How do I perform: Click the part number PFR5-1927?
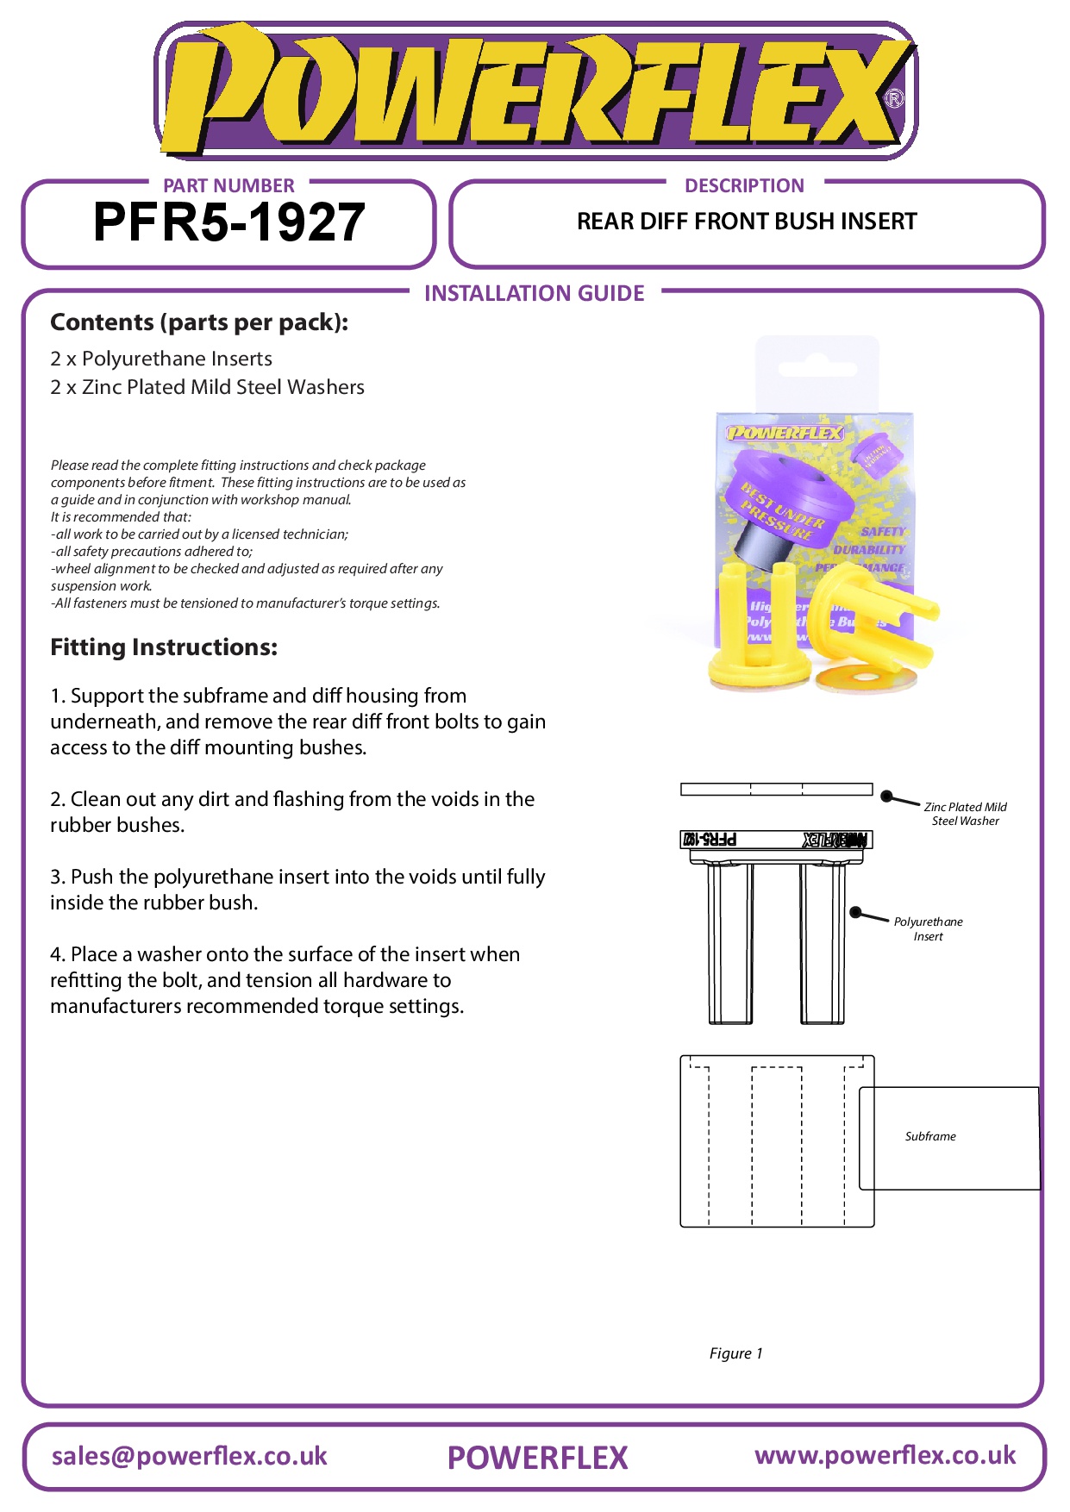pos(228,222)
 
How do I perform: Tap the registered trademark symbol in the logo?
pos(894,98)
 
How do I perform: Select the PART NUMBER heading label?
pos(228,185)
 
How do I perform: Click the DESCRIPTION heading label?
pos(744,185)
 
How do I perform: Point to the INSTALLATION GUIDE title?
pos(534,293)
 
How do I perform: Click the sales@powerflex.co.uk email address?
pos(190,1456)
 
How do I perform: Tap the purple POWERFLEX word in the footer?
pos(537,1458)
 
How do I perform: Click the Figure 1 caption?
pos(735,1353)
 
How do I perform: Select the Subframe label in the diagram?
pos(930,1136)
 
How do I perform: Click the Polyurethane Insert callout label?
pos(928,928)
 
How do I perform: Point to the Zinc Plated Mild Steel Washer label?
pos(965,814)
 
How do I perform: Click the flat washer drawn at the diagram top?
pos(776,789)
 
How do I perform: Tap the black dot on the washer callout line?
pos(885,797)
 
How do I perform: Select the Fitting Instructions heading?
pos(164,647)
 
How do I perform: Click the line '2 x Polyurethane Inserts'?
pos(161,359)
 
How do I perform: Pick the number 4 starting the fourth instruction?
pos(56,954)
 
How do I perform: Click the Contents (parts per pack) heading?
pos(199,322)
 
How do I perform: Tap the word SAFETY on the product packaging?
pos(883,532)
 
